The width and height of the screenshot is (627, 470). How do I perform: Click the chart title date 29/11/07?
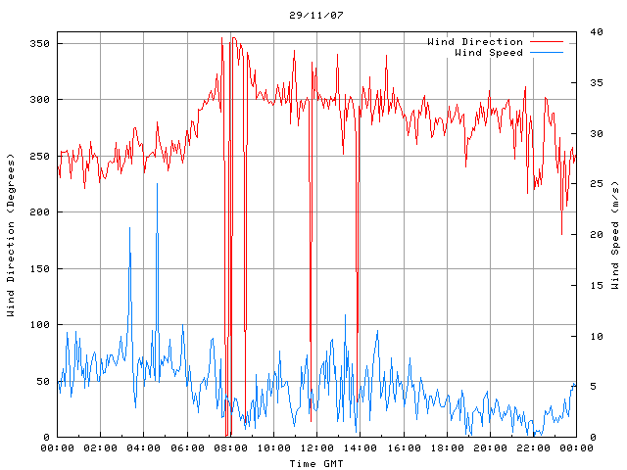[x=316, y=16]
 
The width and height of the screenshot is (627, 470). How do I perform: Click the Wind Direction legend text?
[x=475, y=42]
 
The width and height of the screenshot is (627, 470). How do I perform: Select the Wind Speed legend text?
[x=488, y=52]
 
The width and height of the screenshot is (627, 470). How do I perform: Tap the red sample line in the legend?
[x=547, y=42]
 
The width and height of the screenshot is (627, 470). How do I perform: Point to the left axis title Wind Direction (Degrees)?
[x=11, y=235]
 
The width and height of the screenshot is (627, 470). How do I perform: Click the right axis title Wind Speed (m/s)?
[x=614, y=235]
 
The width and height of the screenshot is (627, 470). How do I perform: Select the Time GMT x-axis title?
[x=315, y=463]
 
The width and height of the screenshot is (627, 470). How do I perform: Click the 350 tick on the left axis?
[x=39, y=43]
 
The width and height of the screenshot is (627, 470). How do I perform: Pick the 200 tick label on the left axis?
[x=39, y=211]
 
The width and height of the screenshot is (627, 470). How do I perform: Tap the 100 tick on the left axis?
[x=39, y=324]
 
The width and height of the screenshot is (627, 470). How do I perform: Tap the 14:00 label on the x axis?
[x=360, y=448]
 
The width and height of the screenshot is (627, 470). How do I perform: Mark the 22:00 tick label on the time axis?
[x=532, y=448]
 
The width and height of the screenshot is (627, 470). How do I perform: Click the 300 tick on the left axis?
[x=39, y=99]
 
